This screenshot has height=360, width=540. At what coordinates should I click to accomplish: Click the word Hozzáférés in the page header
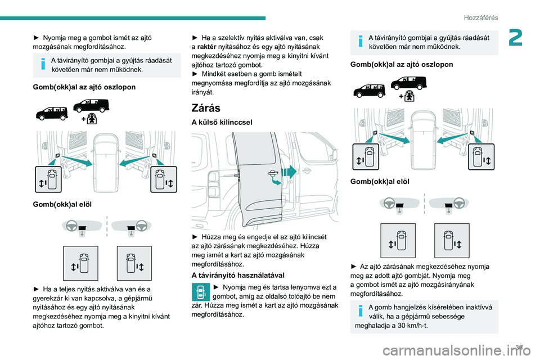point(482,18)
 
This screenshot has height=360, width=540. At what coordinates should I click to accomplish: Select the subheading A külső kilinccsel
point(222,122)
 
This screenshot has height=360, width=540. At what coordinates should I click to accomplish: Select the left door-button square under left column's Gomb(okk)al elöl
point(80,263)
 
